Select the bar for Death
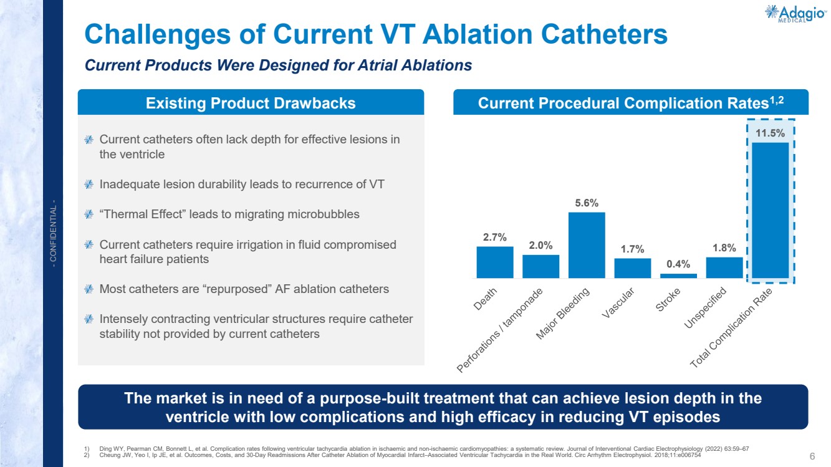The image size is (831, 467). pos(495,262)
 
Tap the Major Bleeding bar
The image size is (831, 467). pos(587,245)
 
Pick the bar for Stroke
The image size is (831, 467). pos(678,276)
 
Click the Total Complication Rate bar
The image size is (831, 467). pos(771,210)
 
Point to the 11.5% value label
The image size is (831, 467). pos(771,133)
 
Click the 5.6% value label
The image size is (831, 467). pos(587,203)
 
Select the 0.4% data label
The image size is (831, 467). pos(678,264)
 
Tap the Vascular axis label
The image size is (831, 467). pos(618,303)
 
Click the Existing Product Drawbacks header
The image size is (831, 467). pos(251,103)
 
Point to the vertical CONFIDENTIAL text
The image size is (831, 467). pos(54,234)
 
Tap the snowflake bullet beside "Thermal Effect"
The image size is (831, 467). pos(89,214)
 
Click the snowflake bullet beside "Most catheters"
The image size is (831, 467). pos(89,289)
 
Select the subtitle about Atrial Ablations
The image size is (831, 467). pos(278,65)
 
